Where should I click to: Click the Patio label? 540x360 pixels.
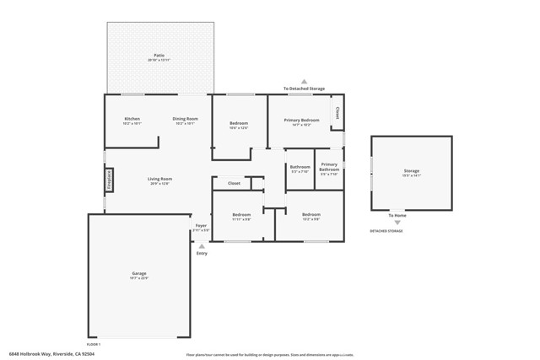point(159,57)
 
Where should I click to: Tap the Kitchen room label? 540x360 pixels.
point(132,119)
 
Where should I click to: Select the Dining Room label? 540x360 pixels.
point(186,119)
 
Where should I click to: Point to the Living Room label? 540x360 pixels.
point(160,179)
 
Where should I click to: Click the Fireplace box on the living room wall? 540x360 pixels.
point(109,180)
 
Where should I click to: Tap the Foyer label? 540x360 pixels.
point(201,226)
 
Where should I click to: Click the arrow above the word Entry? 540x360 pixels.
point(201,246)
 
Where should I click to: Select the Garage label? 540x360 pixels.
point(139,274)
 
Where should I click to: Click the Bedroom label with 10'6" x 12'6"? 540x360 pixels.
point(239,124)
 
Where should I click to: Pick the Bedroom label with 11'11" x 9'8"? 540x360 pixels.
point(241,215)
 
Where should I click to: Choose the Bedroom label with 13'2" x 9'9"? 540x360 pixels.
point(310,215)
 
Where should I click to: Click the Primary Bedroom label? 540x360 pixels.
point(301,121)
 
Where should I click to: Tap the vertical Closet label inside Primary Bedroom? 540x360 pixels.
point(337,111)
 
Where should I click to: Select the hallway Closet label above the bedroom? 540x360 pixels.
point(234,183)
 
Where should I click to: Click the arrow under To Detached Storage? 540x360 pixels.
point(304,82)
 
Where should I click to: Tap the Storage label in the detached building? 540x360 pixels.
point(411,171)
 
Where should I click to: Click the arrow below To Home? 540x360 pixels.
point(397,223)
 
